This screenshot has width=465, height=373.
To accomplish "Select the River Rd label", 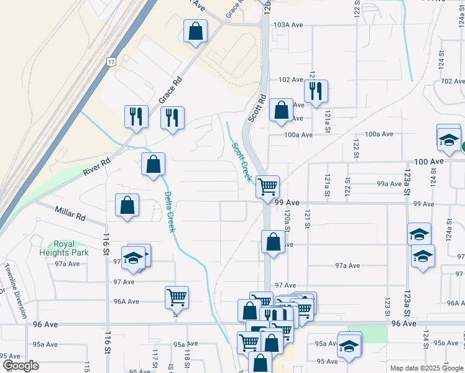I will click(97, 165).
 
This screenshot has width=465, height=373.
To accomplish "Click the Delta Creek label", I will click(170, 211).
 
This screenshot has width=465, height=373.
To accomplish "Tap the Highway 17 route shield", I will click(111, 62).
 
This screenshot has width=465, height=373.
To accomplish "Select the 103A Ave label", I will click(288, 25).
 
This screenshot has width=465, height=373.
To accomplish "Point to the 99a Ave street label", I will click(389, 184).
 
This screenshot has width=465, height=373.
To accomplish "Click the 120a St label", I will click(288, 219).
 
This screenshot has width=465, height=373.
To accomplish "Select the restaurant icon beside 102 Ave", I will click(316, 91).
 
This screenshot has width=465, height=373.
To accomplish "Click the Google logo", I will click(21, 366).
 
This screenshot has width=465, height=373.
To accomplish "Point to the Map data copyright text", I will click(426, 368).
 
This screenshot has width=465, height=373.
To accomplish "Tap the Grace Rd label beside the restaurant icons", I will click(170, 90).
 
